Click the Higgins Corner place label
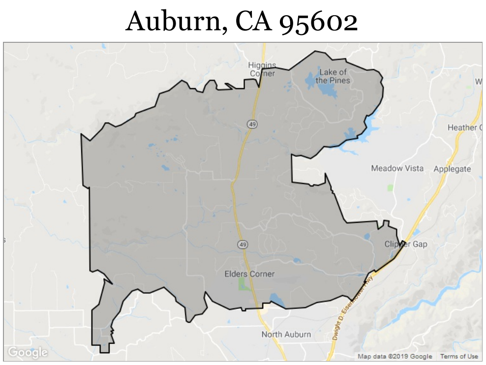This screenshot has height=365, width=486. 262,69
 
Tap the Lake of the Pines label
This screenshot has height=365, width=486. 333,76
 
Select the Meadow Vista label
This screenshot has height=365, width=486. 397,168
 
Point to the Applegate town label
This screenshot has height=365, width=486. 452,169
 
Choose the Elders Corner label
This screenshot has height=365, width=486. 249,274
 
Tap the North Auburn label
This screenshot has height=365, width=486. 286,335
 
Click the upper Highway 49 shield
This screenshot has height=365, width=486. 252,124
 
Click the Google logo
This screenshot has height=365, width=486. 28,352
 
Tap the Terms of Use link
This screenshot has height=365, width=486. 459,357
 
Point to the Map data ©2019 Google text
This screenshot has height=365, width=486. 395,357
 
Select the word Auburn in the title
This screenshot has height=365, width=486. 175,22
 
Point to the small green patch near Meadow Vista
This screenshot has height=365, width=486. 391,187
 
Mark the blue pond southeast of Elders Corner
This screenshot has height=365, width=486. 276,298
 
